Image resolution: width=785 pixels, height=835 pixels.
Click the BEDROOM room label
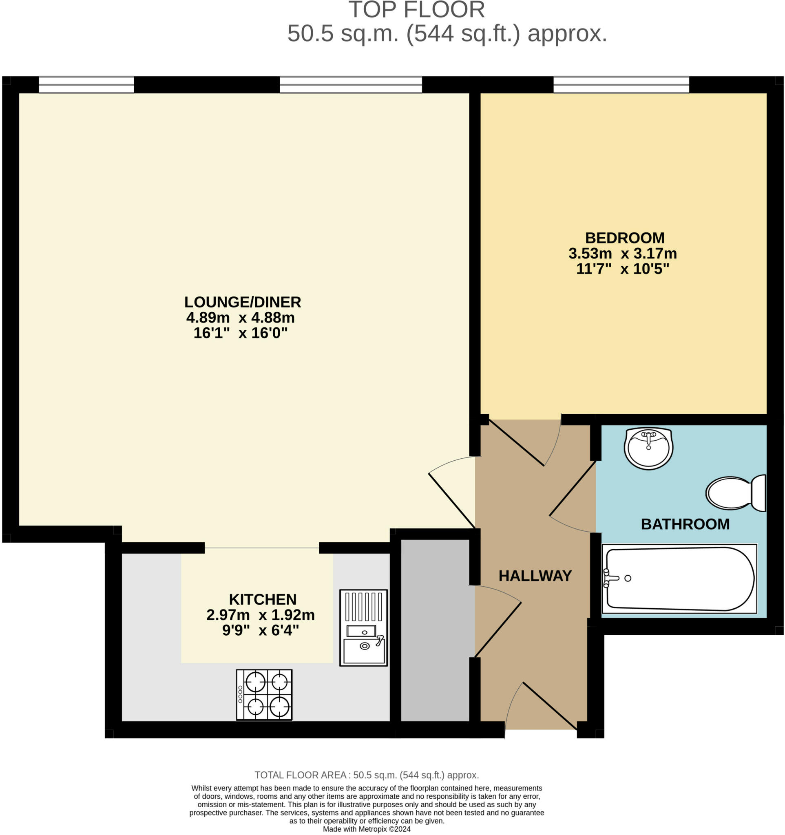(x=625, y=238)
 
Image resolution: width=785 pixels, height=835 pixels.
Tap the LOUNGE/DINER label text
(x=242, y=302)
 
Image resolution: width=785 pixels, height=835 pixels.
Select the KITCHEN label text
(x=263, y=599)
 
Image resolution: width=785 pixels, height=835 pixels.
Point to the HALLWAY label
(x=535, y=575)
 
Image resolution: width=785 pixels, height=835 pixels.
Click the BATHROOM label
(x=685, y=524)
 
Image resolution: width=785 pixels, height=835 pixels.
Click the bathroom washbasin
(x=648, y=448)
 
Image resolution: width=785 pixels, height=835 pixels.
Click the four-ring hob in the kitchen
(x=264, y=694)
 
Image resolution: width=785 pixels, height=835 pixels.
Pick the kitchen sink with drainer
(x=363, y=628)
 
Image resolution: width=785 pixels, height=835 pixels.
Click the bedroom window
(x=621, y=85)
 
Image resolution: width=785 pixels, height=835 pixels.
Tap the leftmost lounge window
(x=86, y=85)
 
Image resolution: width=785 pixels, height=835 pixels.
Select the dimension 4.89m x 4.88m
(x=240, y=318)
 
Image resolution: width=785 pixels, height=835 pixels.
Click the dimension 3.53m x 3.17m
(x=622, y=254)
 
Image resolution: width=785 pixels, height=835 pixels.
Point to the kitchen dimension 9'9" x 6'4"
(x=261, y=630)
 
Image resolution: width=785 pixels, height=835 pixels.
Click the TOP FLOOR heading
(x=416, y=10)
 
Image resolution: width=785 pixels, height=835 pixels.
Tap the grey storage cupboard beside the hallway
(x=435, y=630)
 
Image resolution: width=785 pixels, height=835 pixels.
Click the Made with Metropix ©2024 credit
(x=366, y=829)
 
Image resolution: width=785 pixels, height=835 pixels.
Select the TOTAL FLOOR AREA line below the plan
(x=366, y=775)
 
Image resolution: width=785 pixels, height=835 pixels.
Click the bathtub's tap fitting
(x=607, y=578)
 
